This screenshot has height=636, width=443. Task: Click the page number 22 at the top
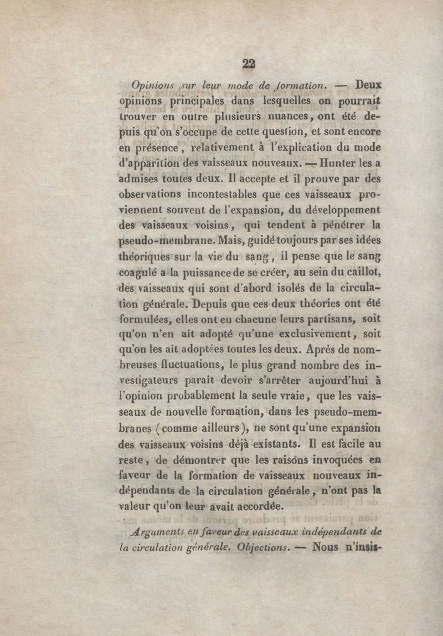(x=248, y=64)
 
